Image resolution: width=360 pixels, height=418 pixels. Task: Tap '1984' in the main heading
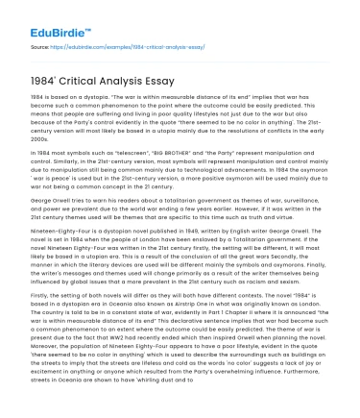click(x=46, y=78)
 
